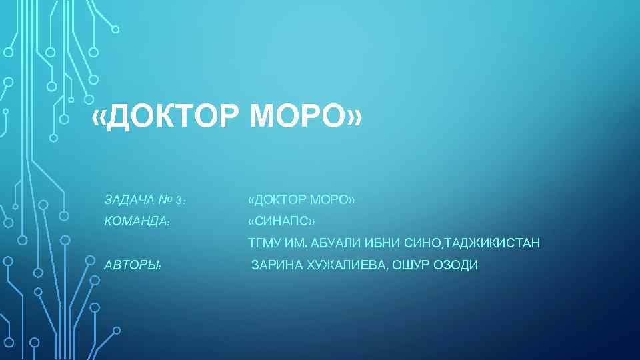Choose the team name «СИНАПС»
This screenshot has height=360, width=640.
click(281, 221)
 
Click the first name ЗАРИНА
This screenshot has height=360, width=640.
click(277, 265)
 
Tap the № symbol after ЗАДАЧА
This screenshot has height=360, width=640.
click(165, 200)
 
